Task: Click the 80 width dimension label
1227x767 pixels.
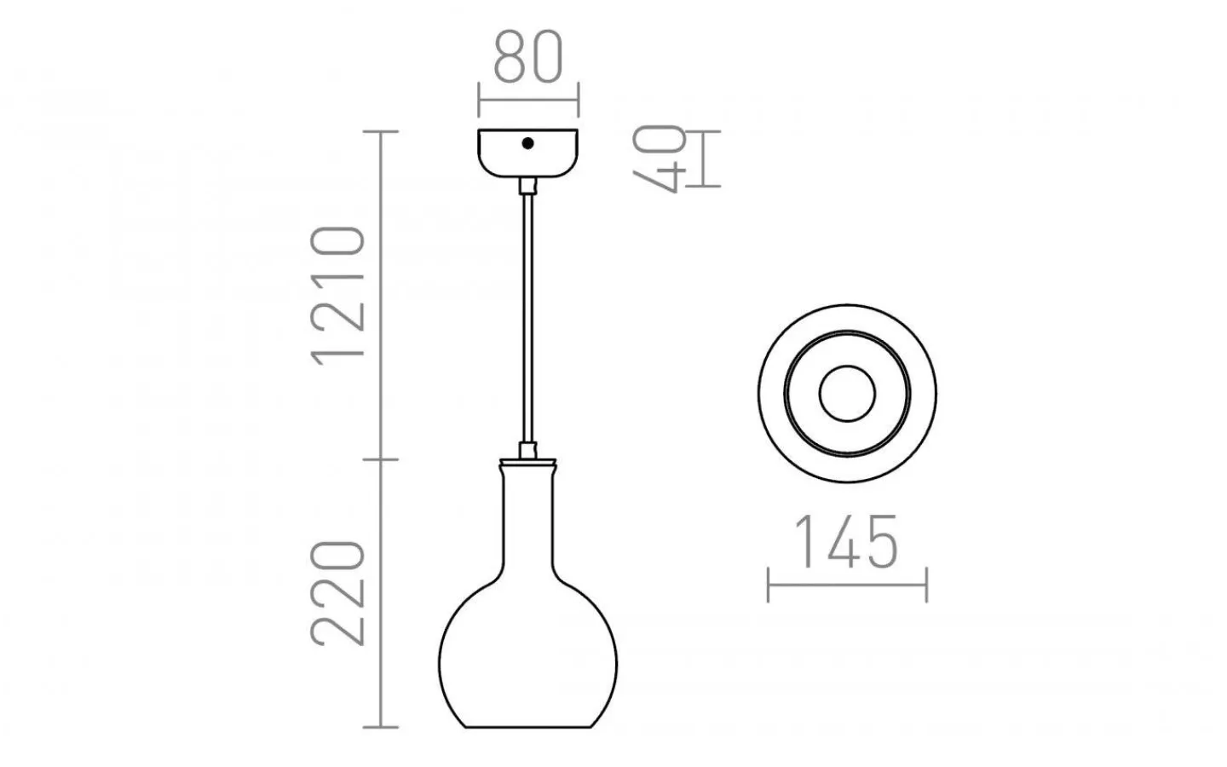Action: (528, 57)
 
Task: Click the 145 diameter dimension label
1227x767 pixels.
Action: (846, 543)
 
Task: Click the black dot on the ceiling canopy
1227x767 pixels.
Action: (528, 144)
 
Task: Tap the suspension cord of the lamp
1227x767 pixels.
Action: (528, 324)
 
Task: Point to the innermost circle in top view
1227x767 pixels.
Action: (847, 395)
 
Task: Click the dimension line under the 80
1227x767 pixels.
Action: (528, 101)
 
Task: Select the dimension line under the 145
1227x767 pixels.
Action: (847, 585)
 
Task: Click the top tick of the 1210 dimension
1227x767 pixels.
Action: (381, 131)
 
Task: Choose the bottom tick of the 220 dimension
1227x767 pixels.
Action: (381, 728)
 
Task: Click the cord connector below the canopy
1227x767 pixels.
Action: (528, 186)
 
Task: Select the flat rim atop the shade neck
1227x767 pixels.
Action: (528, 462)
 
